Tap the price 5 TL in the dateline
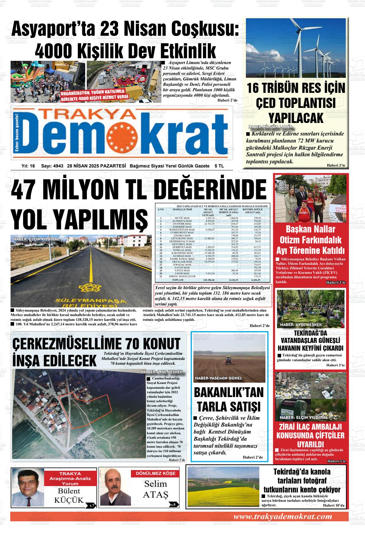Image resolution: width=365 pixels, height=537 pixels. coord(219,166)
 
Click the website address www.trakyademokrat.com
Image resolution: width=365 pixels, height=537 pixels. coord(282,517)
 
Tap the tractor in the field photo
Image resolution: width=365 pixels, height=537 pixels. coord(229,361)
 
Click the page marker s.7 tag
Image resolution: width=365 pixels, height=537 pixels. coord(92,505)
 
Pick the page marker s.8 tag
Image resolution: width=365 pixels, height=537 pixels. coord(173,505)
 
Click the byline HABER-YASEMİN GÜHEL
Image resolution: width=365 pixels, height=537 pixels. coord(218,378)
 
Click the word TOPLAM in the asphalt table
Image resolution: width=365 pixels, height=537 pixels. coord(177,280)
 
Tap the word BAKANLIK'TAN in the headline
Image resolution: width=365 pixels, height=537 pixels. coord(229,392)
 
